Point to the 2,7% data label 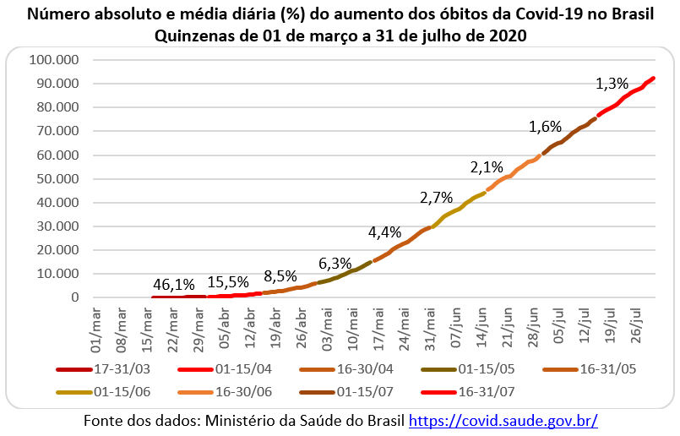(x=437, y=199)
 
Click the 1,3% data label (x=612, y=84)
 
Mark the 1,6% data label (x=545, y=127)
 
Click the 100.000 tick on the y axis (x=53, y=60)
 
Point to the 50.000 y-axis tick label (x=57, y=179)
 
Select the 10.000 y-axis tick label (x=57, y=274)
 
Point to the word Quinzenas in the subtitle (x=195, y=35)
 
